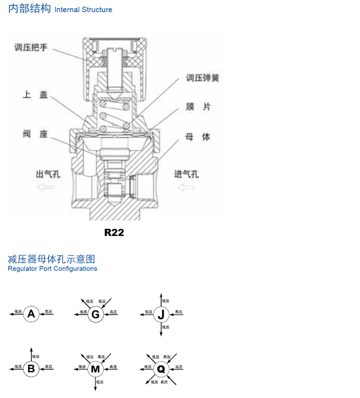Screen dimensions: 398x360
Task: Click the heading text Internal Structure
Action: click(83, 10)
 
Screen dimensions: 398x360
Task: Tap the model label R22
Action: click(114, 232)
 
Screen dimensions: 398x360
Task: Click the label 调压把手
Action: click(31, 47)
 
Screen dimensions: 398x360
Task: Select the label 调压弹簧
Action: click(202, 78)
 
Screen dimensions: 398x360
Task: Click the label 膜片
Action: click(198, 107)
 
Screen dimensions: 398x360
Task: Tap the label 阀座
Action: click(35, 134)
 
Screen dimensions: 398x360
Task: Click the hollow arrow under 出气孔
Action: click(45, 187)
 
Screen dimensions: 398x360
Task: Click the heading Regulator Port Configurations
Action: click(52, 269)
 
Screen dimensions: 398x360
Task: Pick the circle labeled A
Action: click(31, 314)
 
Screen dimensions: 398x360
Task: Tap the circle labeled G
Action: click(95, 314)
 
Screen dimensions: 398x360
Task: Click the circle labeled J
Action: click(161, 314)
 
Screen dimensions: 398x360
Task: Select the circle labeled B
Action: click(31, 368)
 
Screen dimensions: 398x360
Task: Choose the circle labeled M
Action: click(95, 368)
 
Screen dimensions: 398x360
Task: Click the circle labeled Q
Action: click(161, 368)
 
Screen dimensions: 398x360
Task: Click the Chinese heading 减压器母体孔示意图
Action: click(51, 259)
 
